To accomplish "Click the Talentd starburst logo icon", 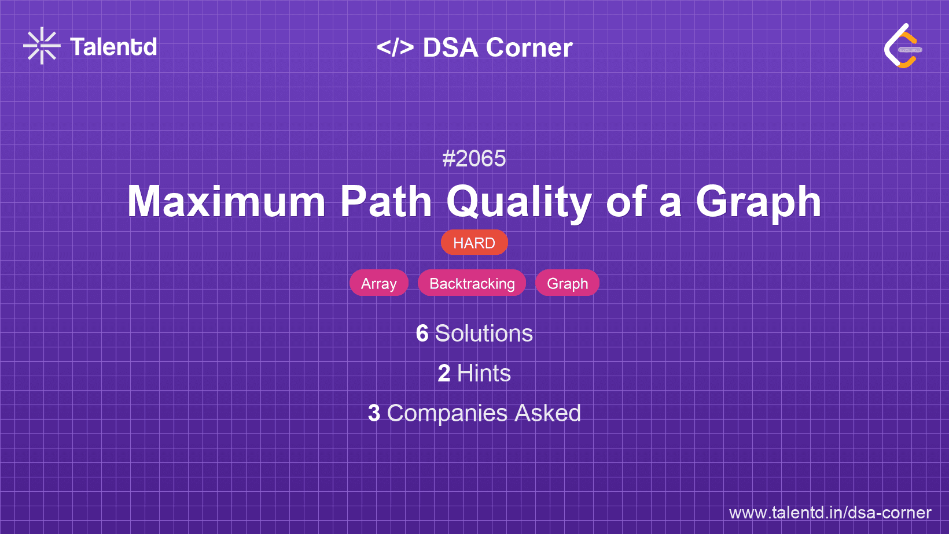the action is coord(42,46).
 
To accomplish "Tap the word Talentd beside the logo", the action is coord(113,47).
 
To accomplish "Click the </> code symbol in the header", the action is coord(395,47).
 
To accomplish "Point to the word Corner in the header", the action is coord(529,47).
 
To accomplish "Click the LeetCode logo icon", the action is coord(903,46).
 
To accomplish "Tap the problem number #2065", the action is coord(474,159).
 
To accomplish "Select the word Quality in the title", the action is coord(519,203).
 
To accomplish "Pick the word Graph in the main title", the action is coord(759,203).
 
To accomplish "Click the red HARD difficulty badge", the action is coord(474,243).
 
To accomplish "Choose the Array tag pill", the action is coord(379,283).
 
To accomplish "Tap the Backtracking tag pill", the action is coord(472,283).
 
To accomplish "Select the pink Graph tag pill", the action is coord(567,283).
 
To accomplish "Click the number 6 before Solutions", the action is coord(422,333).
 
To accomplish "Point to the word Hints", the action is coord(484,373).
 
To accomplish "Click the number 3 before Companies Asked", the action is coord(374,413).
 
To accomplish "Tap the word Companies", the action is coord(447,414).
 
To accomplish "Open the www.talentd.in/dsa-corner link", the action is coord(830,513).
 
